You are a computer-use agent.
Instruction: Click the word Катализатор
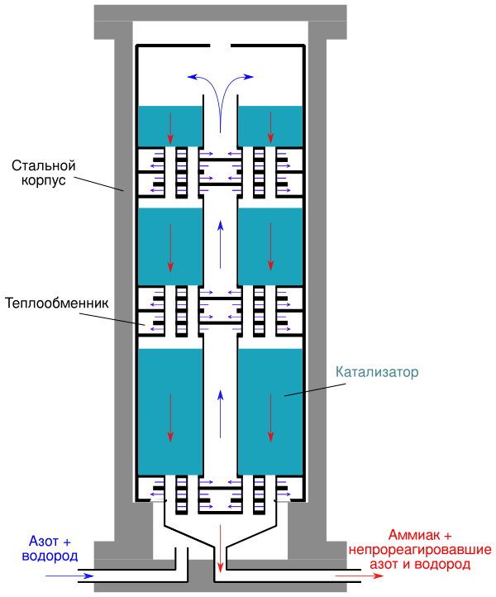(x=377, y=372)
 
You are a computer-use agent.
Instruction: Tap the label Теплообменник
(x=57, y=303)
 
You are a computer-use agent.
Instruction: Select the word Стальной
(x=43, y=165)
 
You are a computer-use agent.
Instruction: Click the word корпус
(x=43, y=180)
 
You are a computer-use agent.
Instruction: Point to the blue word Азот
(x=44, y=541)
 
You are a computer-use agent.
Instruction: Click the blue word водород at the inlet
(x=50, y=556)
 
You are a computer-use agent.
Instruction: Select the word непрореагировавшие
(x=420, y=550)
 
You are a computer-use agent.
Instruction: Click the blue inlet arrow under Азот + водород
(x=69, y=576)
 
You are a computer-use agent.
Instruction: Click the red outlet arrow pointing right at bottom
(x=359, y=576)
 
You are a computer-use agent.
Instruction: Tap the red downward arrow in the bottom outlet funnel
(x=220, y=548)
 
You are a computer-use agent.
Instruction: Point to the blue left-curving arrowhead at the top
(x=193, y=77)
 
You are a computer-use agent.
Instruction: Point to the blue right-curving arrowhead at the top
(x=248, y=77)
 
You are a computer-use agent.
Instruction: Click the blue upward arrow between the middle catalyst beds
(x=220, y=245)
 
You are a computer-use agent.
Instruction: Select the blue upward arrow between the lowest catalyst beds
(x=220, y=414)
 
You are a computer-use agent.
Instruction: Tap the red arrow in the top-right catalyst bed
(x=270, y=128)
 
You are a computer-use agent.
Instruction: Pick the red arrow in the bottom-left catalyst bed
(x=170, y=418)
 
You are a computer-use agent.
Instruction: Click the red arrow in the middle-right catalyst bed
(x=270, y=246)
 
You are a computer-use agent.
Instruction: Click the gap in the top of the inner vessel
(x=221, y=45)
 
